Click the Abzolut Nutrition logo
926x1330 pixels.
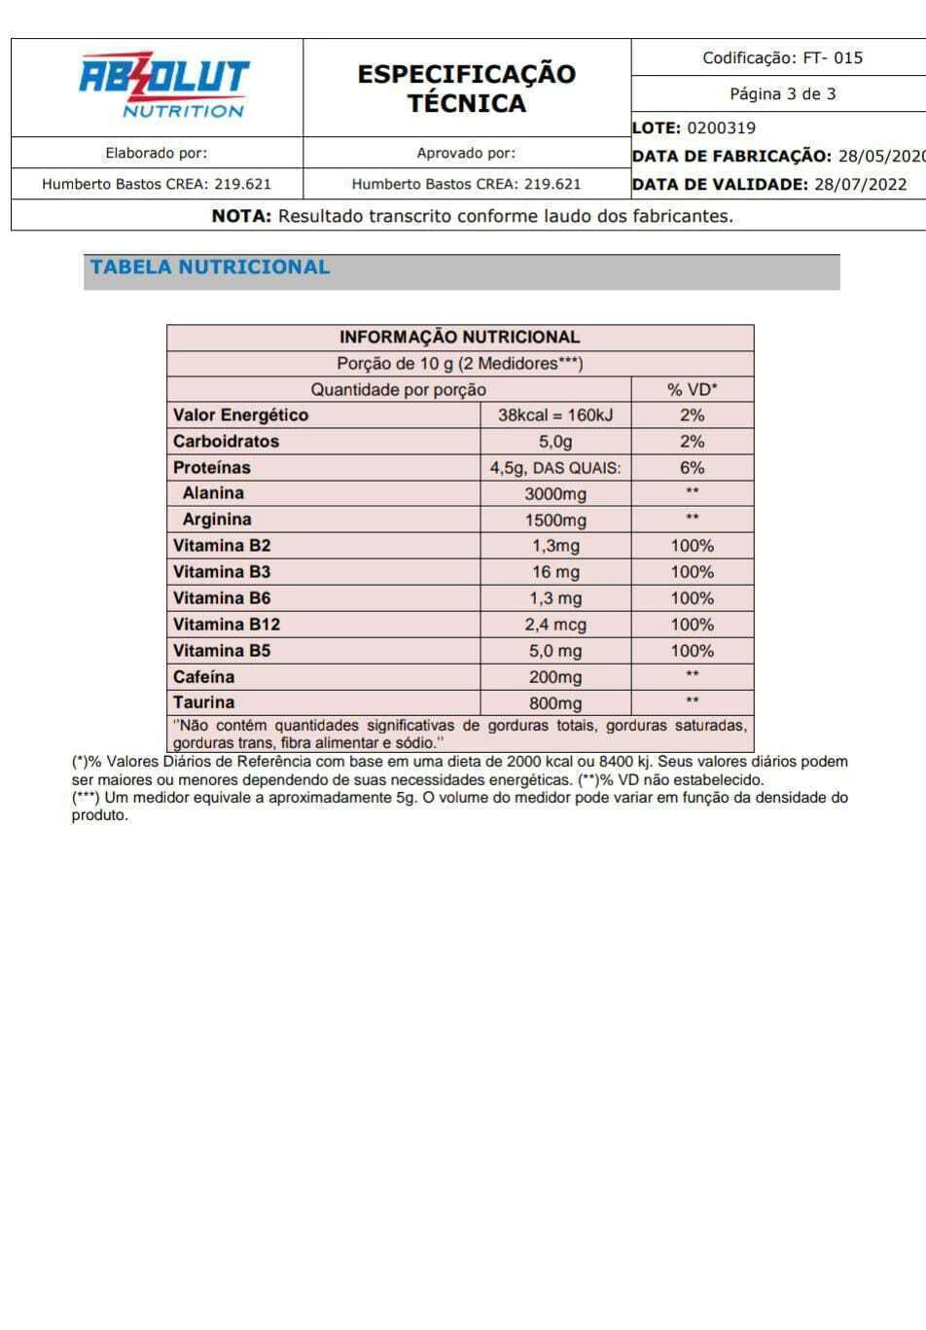coord(163,86)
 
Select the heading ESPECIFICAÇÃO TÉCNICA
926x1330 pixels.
coord(466,88)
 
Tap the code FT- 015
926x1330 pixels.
coord(833,57)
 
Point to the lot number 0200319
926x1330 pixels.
coord(721,127)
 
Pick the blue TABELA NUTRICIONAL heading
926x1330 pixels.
coord(210,268)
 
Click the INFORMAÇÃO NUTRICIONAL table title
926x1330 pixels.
coord(459,337)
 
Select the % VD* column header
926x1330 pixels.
coord(692,389)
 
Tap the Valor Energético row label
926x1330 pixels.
coord(240,415)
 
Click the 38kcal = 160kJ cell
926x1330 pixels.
coord(555,415)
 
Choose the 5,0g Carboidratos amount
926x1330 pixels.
coord(555,442)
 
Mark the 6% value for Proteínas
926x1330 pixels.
coord(692,468)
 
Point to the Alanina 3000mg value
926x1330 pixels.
coord(555,494)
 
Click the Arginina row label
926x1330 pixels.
coord(217,520)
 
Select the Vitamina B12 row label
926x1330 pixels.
coord(227,625)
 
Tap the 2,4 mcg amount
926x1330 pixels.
coord(555,625)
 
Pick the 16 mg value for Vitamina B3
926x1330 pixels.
coord(555,572)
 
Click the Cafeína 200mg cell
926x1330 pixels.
coord(555,677)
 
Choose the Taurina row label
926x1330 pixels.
coord(203,702)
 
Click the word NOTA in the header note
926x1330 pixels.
coord(241,216)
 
